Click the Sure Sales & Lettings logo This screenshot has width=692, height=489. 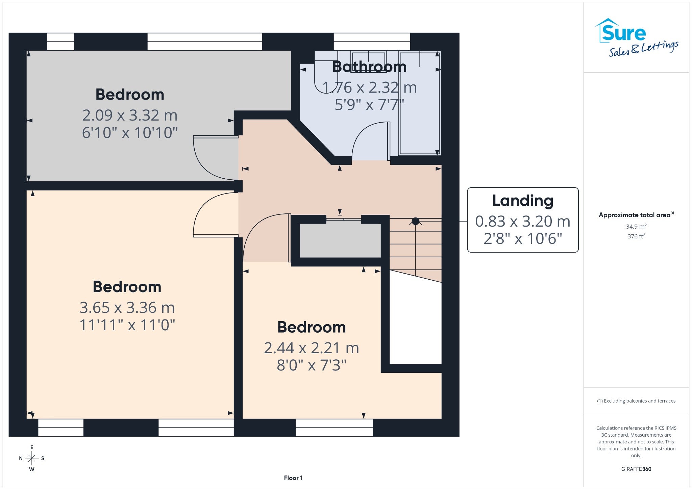tap(637, 37)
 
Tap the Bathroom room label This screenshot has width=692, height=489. tap(369, 67)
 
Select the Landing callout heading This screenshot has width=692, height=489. tap(523, 201)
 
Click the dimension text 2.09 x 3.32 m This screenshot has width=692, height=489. tap(130, 115)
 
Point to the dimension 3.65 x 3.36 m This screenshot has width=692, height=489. tap(127, 308)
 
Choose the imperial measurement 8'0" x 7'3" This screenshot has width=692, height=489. tap(312, 365)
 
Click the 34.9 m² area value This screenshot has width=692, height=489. tap(636, 226)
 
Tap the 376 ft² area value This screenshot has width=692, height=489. tap(636, 236)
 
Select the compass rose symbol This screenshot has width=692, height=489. tap(32, 458)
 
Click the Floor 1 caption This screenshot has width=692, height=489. tap(293, 478)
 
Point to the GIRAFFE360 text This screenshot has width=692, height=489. tap(636, 469)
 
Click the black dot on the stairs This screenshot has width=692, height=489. tap(416, 221)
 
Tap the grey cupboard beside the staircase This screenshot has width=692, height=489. tap(340, 240)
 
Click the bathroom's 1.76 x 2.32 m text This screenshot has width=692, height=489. tap(369, 87)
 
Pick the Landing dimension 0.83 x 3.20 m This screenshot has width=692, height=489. tap(523, 221)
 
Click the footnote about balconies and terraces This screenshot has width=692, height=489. tap(636, 401)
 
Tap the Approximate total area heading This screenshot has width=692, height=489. tap(636, 215)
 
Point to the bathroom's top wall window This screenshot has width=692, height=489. tap(372, 42)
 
